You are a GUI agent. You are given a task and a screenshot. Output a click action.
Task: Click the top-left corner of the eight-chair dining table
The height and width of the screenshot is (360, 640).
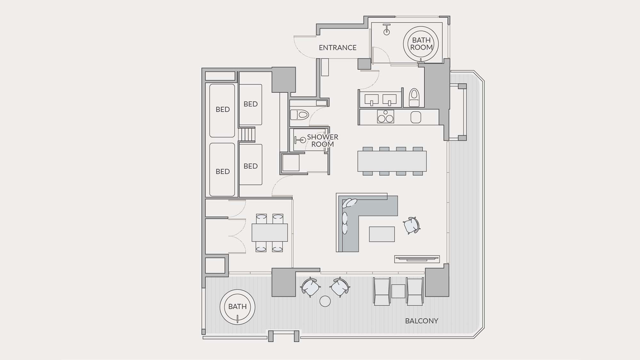tap(358, 151)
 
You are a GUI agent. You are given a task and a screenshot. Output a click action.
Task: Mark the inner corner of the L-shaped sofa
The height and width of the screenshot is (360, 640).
tap(359, 216)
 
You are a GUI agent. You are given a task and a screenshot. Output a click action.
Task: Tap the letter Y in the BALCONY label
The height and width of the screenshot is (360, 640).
tap(436, 321)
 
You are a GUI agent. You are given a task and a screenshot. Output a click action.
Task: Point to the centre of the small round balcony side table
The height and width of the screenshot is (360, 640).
tap(325, 301)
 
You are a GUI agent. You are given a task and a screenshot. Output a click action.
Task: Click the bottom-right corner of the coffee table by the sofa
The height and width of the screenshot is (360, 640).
tap(395, 242)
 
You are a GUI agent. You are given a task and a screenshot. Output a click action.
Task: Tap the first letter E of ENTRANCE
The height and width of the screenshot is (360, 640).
tap(321, 48)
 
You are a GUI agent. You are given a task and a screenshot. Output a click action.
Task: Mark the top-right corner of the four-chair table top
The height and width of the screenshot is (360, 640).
tap(287, 224)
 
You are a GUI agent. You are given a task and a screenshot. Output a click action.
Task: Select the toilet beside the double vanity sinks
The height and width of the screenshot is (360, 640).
tap(414, 98)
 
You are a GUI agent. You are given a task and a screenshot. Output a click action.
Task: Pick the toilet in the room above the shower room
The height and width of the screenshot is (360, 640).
tap(299, 115)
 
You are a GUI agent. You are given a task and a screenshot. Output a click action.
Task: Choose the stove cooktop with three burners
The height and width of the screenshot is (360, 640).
tap(386, 117)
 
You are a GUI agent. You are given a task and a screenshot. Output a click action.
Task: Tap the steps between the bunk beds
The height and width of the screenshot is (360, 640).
tap(247, 134)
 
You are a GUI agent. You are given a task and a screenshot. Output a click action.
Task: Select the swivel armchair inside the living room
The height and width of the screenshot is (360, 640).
tap(411, 225)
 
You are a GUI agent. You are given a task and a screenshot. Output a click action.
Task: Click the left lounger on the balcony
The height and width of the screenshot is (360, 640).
tap(382, 291)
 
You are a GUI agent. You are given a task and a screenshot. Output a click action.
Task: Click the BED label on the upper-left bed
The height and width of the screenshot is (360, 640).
tap(223, 109)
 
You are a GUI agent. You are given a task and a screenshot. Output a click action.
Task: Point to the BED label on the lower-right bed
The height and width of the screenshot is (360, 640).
tap(251, 166)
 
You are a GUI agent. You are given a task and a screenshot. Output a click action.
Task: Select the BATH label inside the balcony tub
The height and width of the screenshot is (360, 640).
tap(237, 307)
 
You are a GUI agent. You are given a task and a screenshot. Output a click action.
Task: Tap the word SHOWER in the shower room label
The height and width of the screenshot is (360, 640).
tap(323, 137)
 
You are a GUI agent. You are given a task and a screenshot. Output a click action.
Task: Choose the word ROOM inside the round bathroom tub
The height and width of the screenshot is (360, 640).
tap(421, 47)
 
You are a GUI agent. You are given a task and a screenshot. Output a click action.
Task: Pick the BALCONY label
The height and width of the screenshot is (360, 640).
tap(422, 321)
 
